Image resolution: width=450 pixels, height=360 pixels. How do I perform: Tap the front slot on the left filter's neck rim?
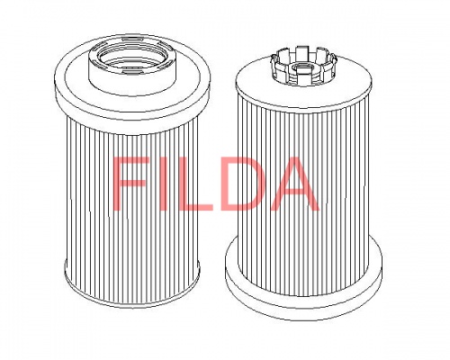click(131, 70)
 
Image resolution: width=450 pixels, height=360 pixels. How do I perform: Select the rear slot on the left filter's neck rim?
click(131, 39)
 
